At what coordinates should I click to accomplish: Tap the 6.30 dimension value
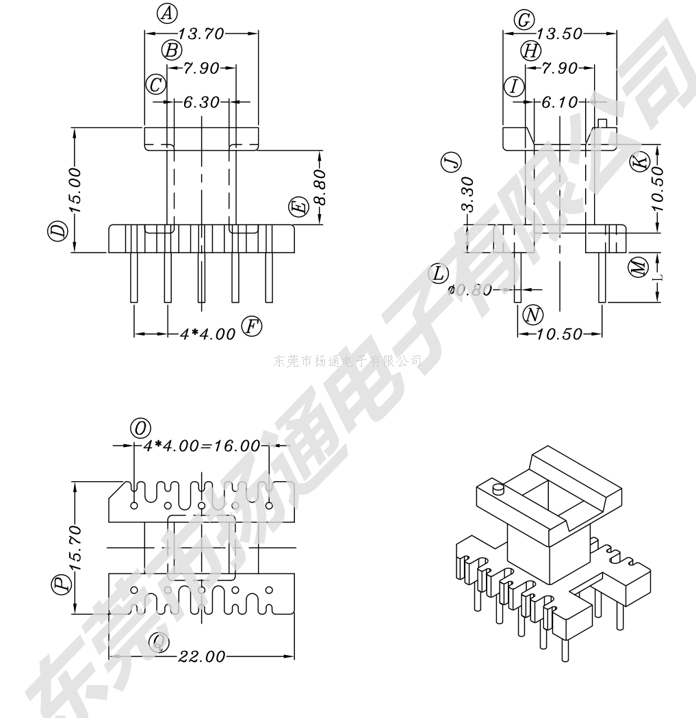pyautogui.click(x=201, y=103)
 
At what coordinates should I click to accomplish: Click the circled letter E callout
pyautogui.click(x=296, y=207)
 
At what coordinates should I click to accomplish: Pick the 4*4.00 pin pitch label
pyautogui.click(x=207, y=334)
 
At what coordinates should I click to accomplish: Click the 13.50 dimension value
pyautogui.click(x=559, y=34)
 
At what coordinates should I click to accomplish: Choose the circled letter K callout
pyautogui.click(x=638, y=162)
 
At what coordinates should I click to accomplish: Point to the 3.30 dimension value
pyautogui.click(x=467, y=194)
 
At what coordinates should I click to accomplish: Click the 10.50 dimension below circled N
pyautogui.click(x=558, y=334)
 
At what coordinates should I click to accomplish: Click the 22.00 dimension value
pyautogui.click(x=201, y=657)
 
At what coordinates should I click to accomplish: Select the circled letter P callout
pyautogui.click(x=62, y=584)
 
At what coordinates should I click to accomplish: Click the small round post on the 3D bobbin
pyautogui.click(x=498, y=489)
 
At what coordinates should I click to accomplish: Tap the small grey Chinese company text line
pyautogui.click(x=347, y=360)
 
